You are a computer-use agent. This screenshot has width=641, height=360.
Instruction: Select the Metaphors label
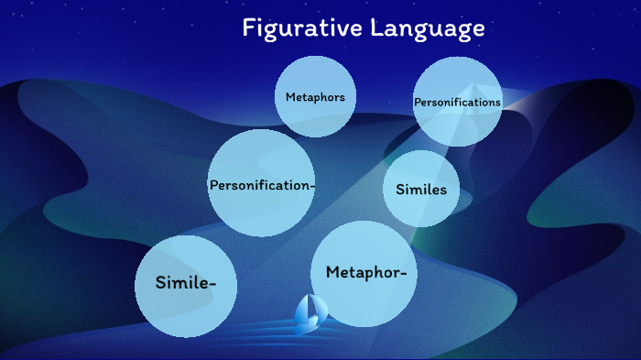tap(315, 97)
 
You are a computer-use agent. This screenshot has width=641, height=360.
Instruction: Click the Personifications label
tap(457, 103)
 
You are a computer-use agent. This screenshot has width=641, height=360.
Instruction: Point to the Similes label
tap(421, 190)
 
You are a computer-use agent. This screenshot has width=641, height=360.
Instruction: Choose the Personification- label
tap(262, 185)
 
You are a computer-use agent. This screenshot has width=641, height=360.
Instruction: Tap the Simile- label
tap(186, 282)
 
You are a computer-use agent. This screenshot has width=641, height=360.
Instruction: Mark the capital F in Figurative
tap(248, 28)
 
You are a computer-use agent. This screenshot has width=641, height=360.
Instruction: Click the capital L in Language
tap(376, 28)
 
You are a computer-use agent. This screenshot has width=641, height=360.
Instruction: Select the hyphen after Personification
tap(312, 186)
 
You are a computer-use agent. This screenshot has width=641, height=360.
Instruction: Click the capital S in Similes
tap(400, 190)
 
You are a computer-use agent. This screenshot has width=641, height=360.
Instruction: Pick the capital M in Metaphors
tap(290, 97)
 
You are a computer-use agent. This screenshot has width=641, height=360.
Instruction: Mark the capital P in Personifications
tap(417, 103)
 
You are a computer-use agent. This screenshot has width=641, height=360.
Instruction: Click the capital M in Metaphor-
tap(332, 272)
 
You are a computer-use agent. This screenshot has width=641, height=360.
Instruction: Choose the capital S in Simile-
tap(161, 282)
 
